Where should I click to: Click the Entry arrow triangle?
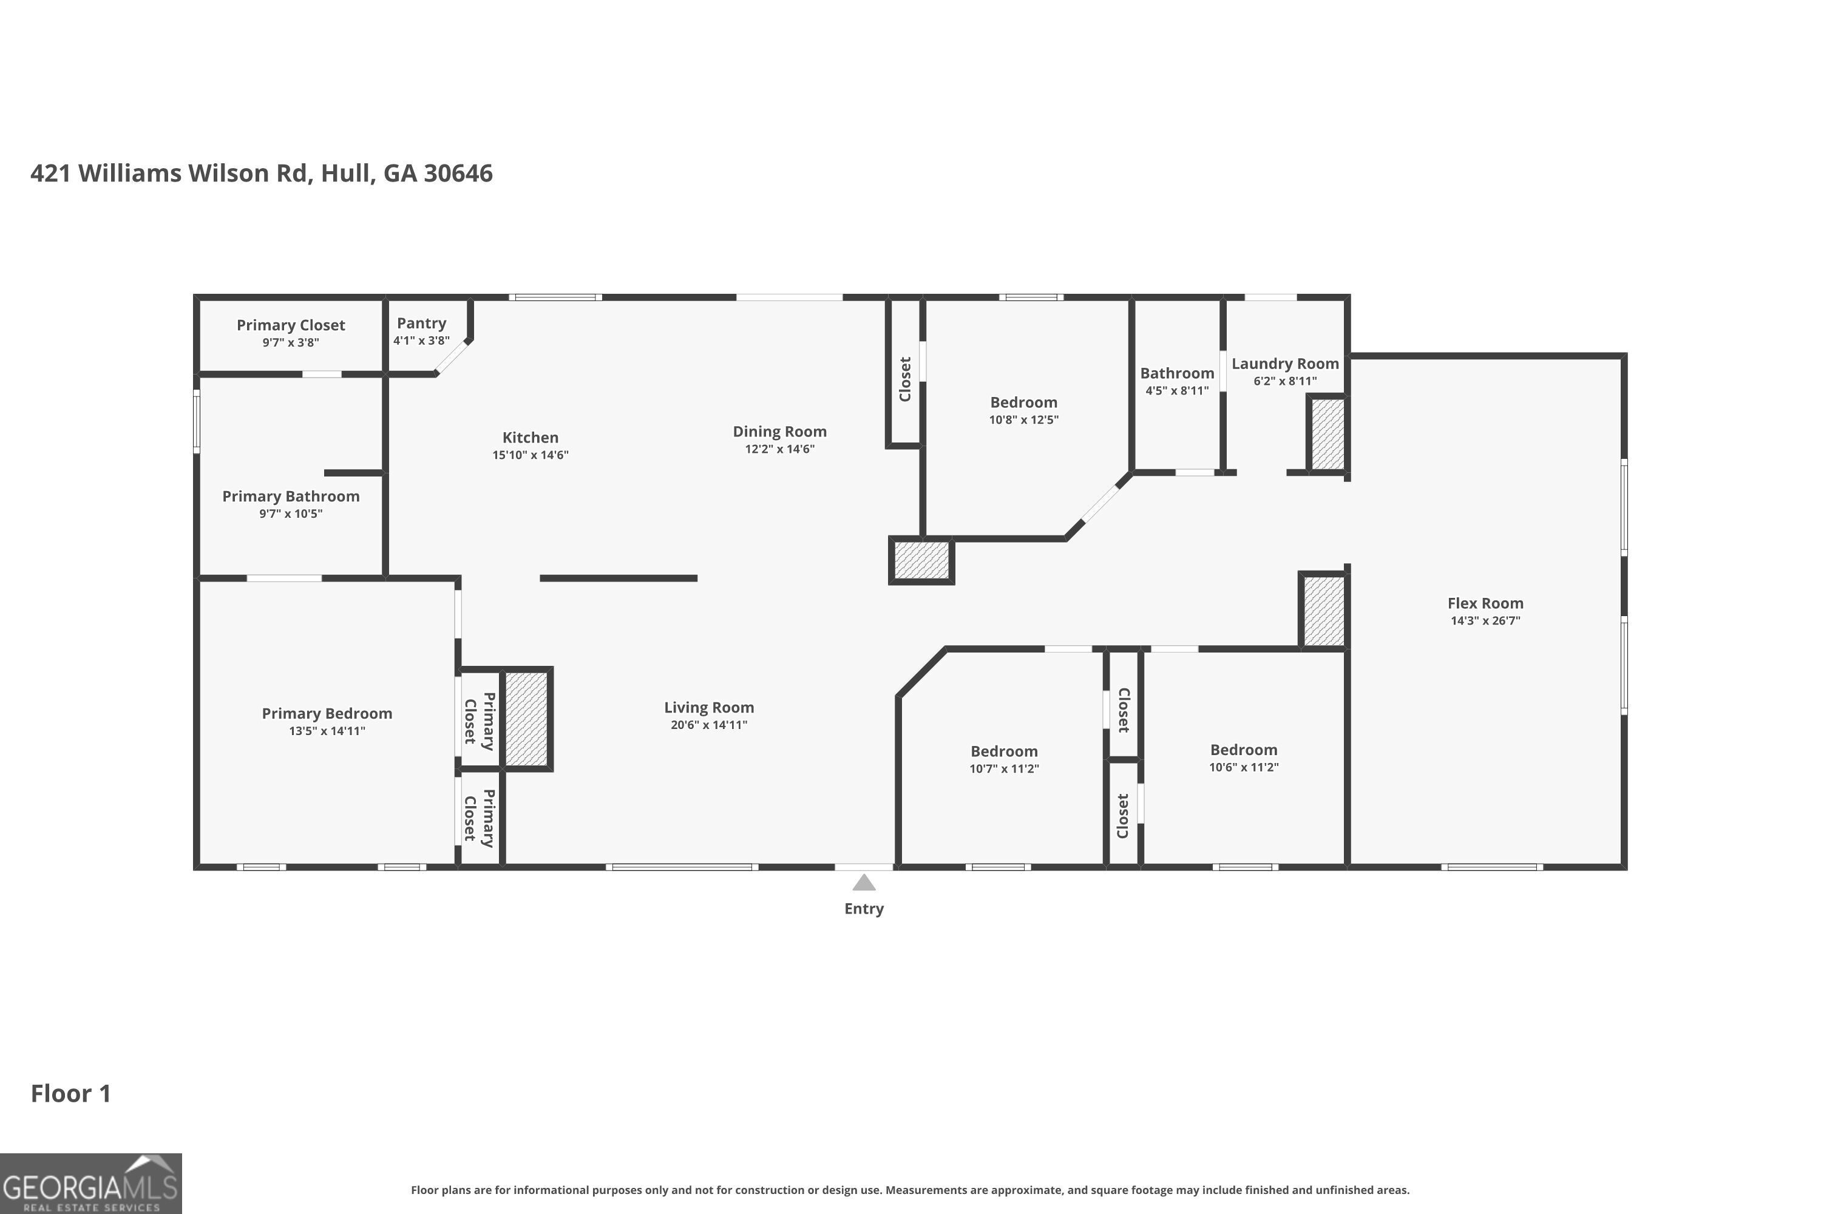(x=863, y=883)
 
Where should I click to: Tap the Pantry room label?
(x=421, y=323)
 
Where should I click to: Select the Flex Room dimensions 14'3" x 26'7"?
(x=1485, y=620)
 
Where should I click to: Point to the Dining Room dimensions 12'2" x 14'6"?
(x=779, y=449)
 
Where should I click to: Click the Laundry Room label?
(x=1284, y=363)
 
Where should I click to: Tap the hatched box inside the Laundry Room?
(x=1327, y=433)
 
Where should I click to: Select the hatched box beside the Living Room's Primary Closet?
(x=526, y=719)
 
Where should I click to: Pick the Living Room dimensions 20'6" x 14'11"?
(x=708, y=725)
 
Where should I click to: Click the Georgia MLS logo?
(x=90, y=1183)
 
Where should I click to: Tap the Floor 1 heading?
(x=70, y=1093)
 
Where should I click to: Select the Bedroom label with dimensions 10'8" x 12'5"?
(x=1023, y=402)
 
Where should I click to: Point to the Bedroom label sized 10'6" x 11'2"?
(x=1243, y=750)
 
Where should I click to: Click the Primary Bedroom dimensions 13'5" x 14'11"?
(x=327, y=731)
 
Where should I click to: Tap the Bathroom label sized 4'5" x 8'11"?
(x=1176, y=373)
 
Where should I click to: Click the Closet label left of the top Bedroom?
(x=904, y=379)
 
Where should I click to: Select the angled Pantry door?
(x=452, y=357)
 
